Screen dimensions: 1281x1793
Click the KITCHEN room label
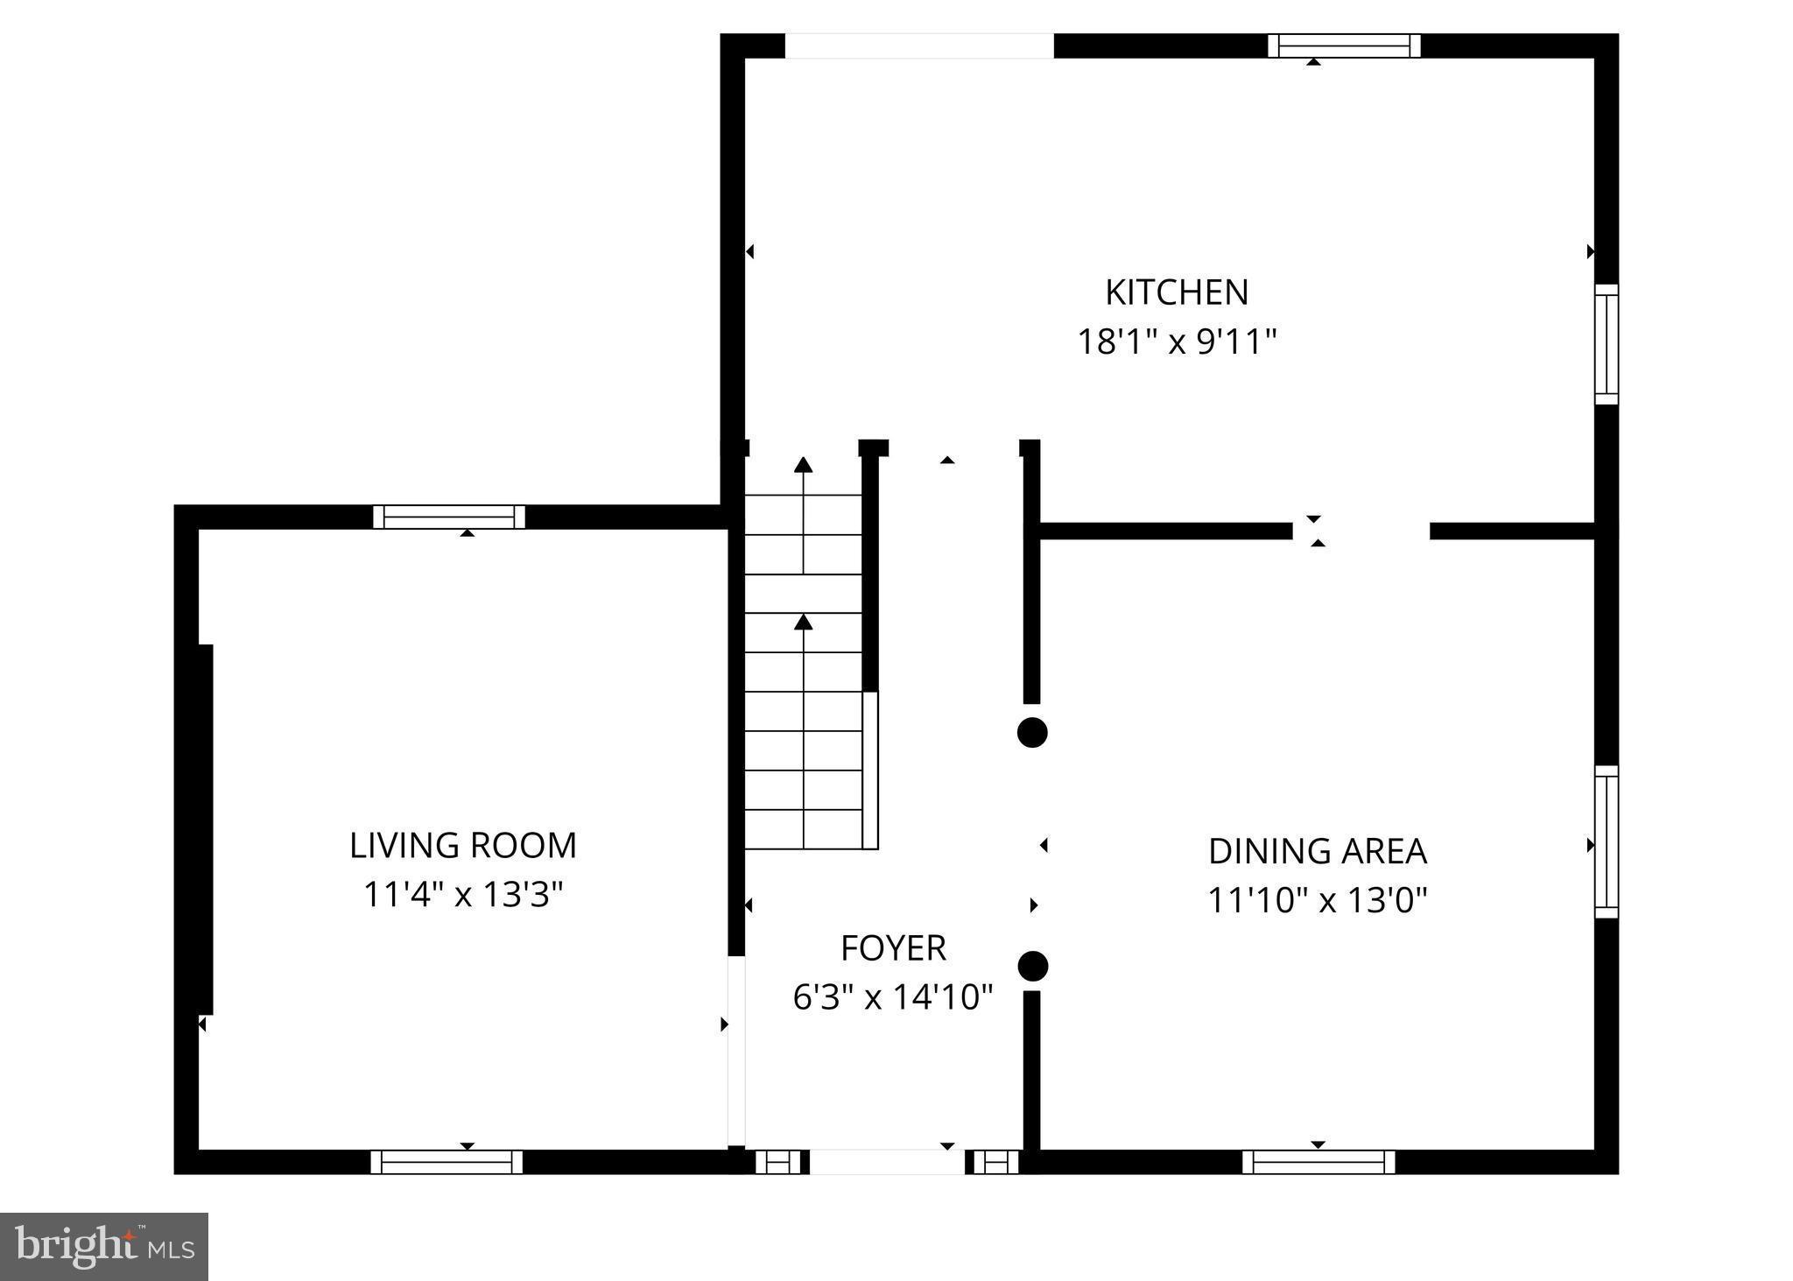(x=1176, y=292)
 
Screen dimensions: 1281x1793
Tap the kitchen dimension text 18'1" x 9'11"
(x=1176, y=341)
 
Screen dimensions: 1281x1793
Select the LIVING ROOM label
(x=463, y=846)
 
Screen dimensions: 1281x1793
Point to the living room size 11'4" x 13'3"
(x=463, y=895)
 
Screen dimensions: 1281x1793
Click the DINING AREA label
(x=1317, y=851)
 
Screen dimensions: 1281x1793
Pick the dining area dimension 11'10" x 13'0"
(x=1317, y=900)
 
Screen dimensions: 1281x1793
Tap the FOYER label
(x=893, y=948)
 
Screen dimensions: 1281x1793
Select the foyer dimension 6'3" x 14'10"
(x=893, y=997)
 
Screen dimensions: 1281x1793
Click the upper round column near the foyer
(x=1032, y=732)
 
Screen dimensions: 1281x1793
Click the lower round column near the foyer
(x=1032, y=966)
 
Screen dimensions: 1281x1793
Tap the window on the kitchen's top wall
(x=1343, y=46)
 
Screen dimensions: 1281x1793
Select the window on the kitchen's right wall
(x=1606, y=344)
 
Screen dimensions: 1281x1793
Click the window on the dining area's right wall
(x=1606, y=841)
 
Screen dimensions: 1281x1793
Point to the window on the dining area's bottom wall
(x=1318, y=1162)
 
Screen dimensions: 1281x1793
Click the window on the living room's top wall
(x=449, y=517)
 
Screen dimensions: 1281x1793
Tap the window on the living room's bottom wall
(x=446, y=1162)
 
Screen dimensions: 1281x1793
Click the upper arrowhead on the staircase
(x=803, y=465)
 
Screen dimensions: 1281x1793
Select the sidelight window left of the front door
(x=778, y=1162)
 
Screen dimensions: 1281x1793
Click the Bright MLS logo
(x=104, y=1246)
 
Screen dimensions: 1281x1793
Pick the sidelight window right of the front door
(x=996, y=1162)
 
